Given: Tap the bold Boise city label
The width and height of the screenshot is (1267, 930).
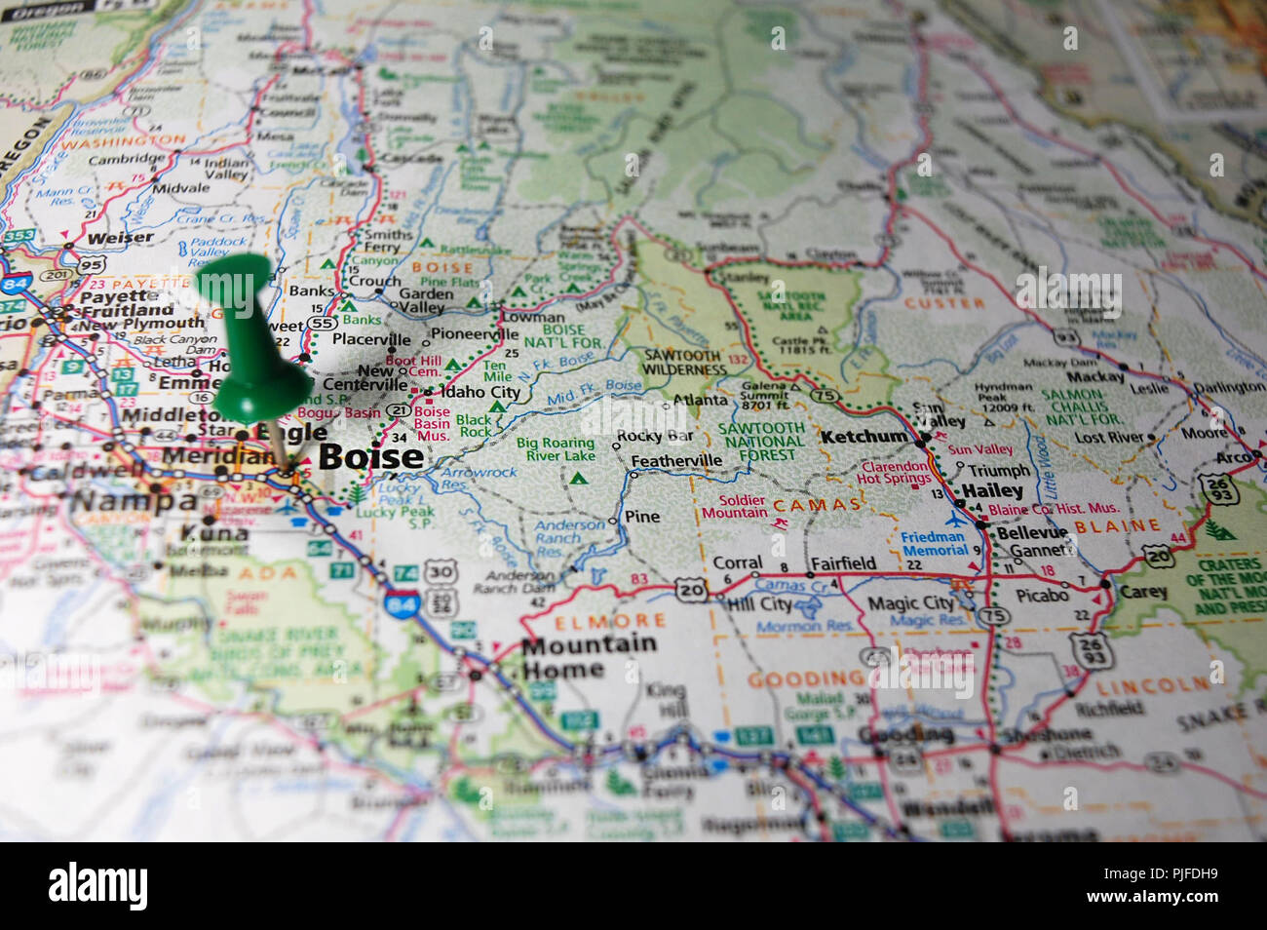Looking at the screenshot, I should pos(370,456).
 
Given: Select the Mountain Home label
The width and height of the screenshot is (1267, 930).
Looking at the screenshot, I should pos(588,656).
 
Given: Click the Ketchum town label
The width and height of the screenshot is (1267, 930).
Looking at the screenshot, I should pos(864,437).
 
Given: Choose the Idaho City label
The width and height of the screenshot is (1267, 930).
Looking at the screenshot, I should pos(480,392).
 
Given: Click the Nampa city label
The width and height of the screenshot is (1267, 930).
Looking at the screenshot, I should pos(134,502).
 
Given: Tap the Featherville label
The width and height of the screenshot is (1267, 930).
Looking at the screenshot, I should pos(676,461).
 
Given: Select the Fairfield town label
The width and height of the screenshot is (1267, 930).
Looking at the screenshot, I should pos(843,562).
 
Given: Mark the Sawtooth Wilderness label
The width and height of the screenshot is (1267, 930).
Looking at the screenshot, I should pos(683,363).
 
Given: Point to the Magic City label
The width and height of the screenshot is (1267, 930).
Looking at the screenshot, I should pos(910,603).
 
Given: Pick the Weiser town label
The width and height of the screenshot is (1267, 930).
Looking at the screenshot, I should pos(120,238).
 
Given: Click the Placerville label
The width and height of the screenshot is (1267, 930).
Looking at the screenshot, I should pos(371,340).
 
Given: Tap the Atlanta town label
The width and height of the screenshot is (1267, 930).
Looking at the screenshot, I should pos(700,400).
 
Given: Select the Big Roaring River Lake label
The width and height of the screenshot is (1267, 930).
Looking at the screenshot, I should pos(555,449).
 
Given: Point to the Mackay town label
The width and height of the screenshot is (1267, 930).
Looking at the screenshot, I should pos(1094,376).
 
